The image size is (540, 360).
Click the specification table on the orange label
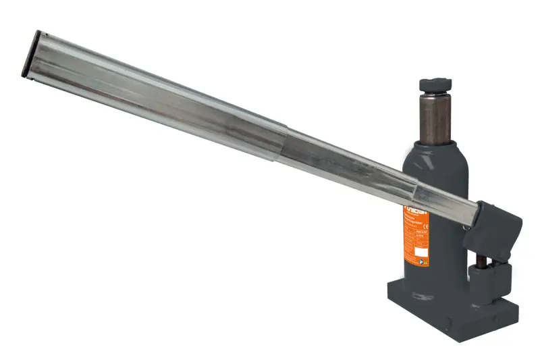(414, 233)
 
